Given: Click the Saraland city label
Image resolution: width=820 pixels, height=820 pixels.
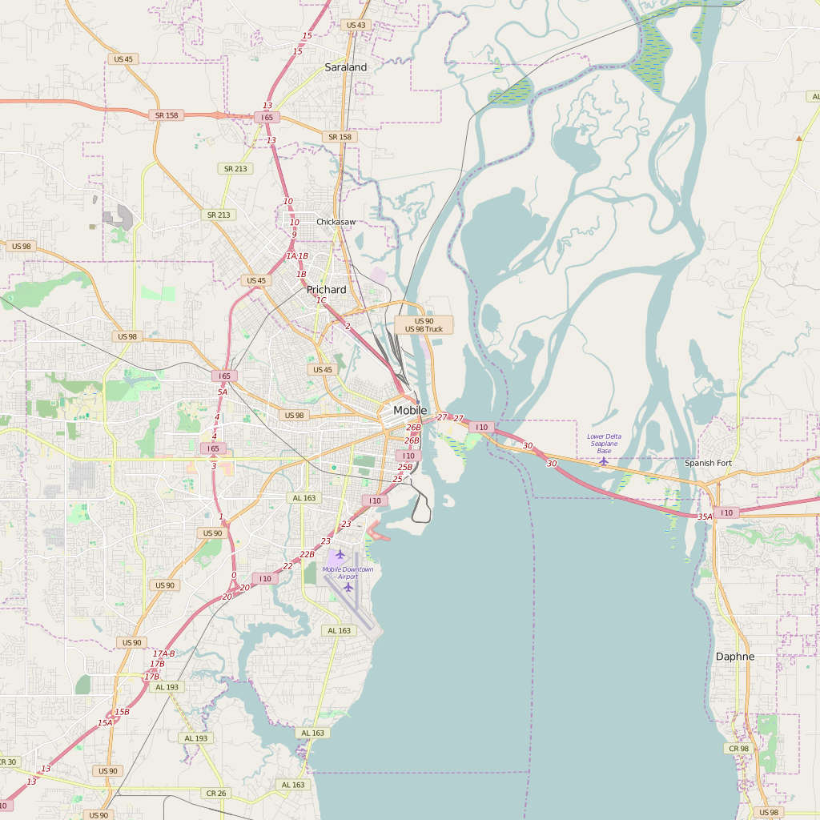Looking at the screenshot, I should coord(346,67).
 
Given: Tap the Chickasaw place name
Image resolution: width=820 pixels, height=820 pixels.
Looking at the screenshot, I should coord(336,222).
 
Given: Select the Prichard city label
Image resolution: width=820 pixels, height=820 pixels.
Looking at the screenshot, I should coord(327,290).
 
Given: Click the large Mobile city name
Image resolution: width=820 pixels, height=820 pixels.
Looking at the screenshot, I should coord(410,410).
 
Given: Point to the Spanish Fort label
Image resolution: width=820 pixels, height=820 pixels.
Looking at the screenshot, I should coord(708,463).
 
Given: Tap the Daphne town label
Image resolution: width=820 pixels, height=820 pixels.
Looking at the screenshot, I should coord(734,657).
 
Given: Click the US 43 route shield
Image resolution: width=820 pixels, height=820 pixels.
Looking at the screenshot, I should coord(356,25).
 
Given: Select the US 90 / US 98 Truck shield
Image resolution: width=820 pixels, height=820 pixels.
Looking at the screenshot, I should coord(424,325).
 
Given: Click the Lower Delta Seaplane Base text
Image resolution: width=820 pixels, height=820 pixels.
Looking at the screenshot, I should coord(604,444).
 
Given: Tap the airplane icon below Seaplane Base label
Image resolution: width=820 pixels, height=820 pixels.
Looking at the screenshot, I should coord(604,461).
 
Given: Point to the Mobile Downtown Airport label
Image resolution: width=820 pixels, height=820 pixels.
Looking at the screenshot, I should coord(348,573).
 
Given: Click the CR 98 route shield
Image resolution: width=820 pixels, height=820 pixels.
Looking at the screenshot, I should coord(738,748).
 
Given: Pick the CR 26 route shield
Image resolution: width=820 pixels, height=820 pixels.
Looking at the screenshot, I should coord(216,793).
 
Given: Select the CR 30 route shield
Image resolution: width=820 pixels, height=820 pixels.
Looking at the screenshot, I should coord(7,762).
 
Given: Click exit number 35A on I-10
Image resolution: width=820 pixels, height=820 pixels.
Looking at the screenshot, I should coord(705,517).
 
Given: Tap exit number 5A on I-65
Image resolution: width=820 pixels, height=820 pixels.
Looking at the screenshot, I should coord(222,392).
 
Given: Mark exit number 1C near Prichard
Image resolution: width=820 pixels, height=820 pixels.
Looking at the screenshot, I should coord(321,300).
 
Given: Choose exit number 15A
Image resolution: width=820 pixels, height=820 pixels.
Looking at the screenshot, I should coord(105,722).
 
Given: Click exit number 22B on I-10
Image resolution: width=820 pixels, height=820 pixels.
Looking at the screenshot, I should coord(307,554).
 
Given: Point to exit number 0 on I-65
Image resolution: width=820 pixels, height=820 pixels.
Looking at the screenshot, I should coord(234,575).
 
